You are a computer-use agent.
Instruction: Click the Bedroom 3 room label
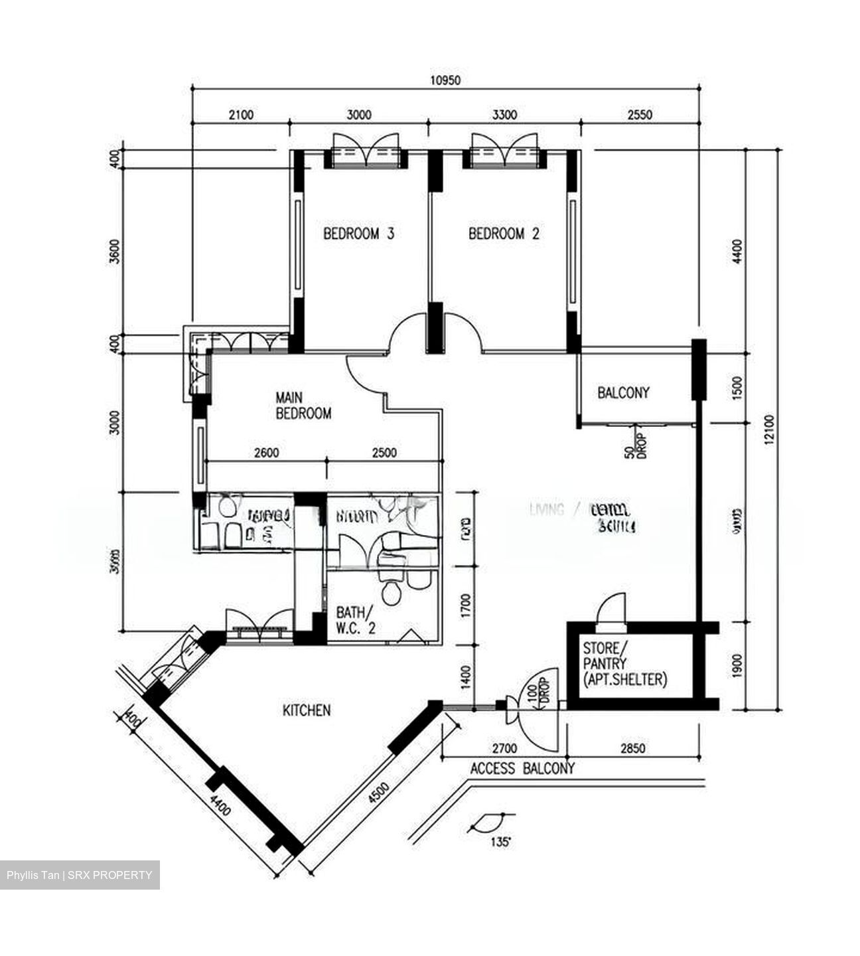358,234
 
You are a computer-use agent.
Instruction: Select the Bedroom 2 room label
504,234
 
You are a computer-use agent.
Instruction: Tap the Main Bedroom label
303,406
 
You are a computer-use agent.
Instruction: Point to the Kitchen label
307,710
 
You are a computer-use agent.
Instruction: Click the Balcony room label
623,392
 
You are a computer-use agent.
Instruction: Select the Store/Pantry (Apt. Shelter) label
624,663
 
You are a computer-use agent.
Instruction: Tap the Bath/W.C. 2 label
356,619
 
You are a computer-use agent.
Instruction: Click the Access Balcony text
522,769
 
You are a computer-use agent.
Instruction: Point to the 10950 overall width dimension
445,80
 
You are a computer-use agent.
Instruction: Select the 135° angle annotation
501,842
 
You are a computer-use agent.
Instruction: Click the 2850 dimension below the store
632,749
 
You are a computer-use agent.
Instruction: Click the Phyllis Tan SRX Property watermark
80,875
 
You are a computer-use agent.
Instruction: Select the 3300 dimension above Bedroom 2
504,115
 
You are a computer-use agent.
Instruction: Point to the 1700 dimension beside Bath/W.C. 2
465,605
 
